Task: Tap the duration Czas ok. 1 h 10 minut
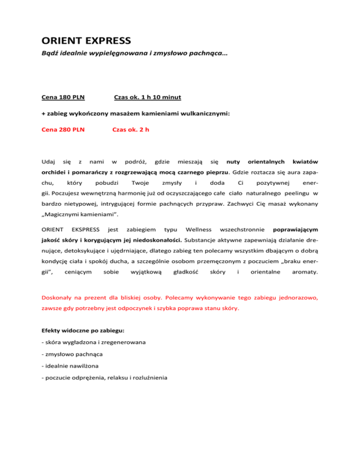[x=148, y=98]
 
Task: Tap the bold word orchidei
[x=53, y=172]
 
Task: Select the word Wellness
[x=198, y=230]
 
